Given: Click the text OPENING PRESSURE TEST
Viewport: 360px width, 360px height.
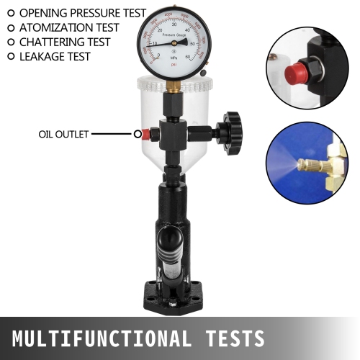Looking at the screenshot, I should click(x=82, y=13).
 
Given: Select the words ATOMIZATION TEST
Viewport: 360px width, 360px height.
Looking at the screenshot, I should click(x=69, y=27).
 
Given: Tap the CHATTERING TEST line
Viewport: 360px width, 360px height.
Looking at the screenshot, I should click(x=65, y=42).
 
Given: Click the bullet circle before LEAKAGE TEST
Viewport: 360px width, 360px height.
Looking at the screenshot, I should click(x=10, y=56).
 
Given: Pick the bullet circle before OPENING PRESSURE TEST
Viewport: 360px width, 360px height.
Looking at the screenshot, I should click(x=10, y=13).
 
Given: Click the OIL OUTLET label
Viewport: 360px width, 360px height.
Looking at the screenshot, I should click(x=63, y=134).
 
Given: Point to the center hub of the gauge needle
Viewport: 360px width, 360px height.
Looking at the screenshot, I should click(x=174, y=42).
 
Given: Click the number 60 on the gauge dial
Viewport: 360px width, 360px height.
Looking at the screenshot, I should click(x=188, y=56).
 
